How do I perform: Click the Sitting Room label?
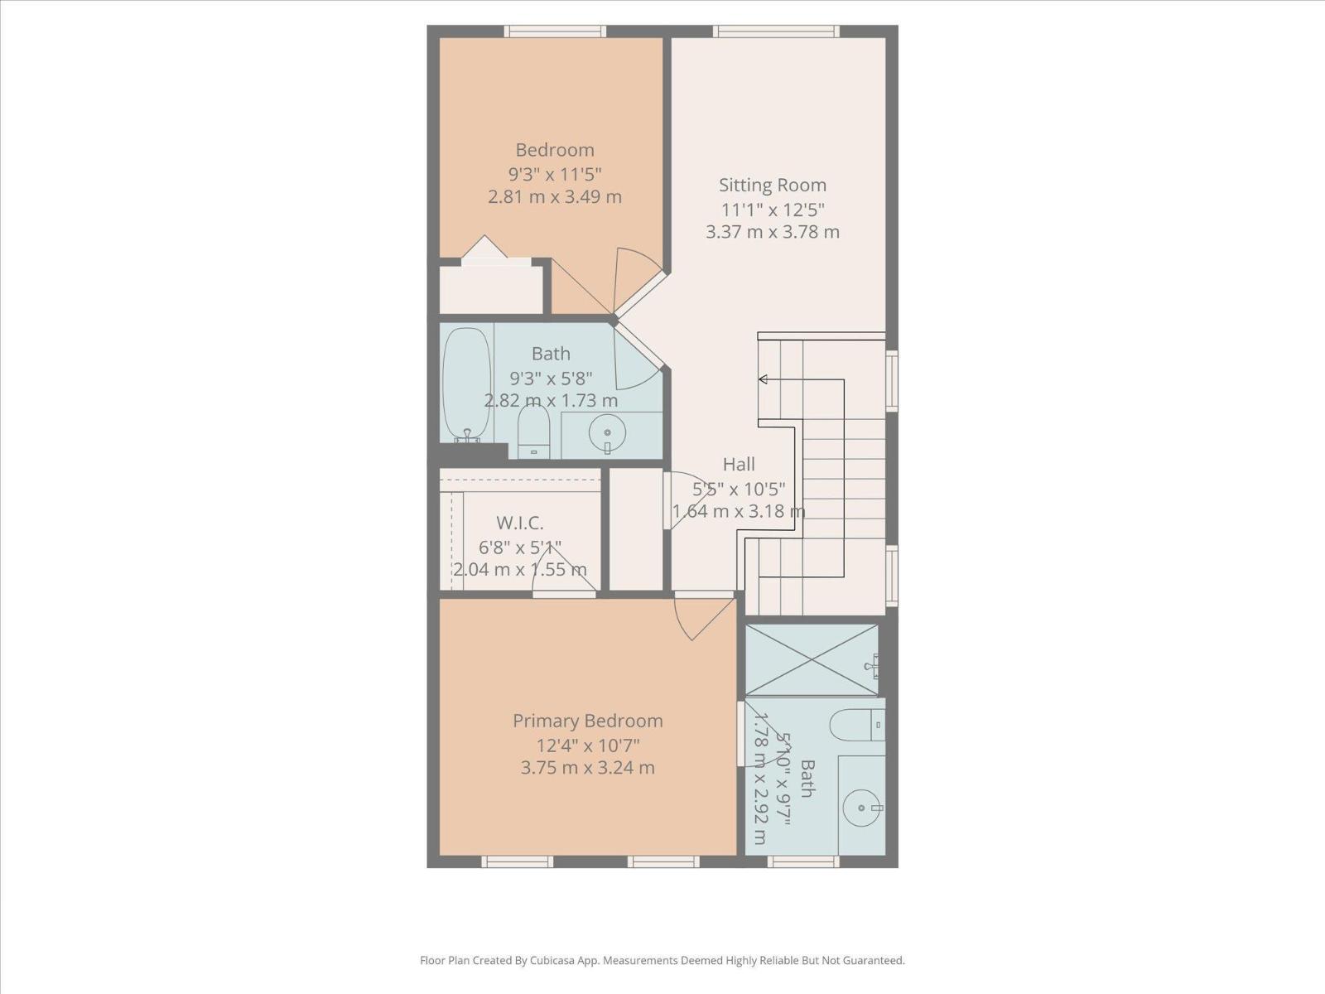(x=772, y=186)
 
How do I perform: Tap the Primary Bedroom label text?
(x=587, y=721)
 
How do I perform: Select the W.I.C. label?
(x=520, y=524)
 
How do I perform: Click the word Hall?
(x=739, y=464)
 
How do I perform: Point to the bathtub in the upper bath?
(x=466, y=384)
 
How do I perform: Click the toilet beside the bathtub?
(x=534, y=432)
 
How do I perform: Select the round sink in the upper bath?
(x=608, y=433)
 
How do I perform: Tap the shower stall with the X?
(x=812, y=659)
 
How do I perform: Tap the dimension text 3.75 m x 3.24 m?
(x=587, y=768)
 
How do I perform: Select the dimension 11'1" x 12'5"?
(x=772, y=210)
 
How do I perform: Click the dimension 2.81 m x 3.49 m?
(x=554, y=197)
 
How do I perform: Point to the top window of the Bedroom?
(x=555, y=31)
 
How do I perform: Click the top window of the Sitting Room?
(x=776, y=31)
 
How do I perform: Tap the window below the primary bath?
(x=802, y=862)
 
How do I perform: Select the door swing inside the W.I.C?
(x=567, y=572)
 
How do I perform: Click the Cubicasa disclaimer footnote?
(x=662, y=961)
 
